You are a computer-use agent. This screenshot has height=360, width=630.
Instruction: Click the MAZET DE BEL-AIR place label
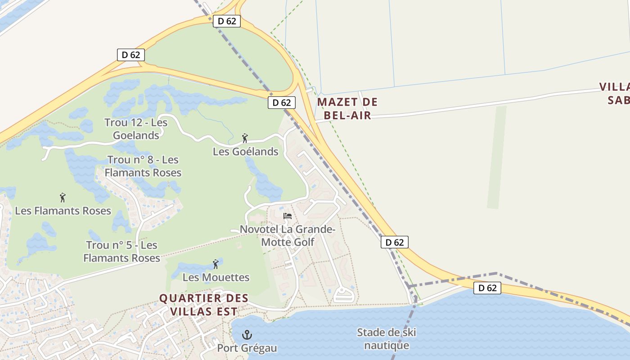click(x=347, y=108)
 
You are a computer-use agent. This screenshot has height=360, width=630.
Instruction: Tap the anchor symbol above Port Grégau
click(x=247, y=335)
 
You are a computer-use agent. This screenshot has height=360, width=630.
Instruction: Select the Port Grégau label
click(x=247, y=348)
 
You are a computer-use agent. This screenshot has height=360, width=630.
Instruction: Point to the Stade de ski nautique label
click(x=386, y=339)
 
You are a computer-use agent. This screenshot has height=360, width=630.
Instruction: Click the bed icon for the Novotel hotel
click(x=288, y=216)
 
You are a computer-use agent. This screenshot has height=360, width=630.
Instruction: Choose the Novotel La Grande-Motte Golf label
click(x=288, y=236)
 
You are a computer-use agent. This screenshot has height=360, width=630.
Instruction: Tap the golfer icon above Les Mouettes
click(x=216, y=264)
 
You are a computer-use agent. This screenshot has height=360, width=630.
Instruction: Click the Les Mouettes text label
click(x=216, y=277)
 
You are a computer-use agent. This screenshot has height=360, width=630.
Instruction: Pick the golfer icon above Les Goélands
click(x=245, y=138)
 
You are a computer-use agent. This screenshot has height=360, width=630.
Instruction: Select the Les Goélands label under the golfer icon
click(x=245, y=152)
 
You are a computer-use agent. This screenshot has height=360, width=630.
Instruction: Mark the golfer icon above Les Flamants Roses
click(x=63, y=197)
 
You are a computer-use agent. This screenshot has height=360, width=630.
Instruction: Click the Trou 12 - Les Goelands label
click(x=136, y=129)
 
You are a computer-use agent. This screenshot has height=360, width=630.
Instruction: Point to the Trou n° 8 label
click(x=143, y=166)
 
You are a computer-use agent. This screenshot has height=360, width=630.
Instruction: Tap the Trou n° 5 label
click(x=122, y=252)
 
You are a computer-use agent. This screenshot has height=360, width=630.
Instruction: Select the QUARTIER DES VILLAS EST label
click(x=204, y=305)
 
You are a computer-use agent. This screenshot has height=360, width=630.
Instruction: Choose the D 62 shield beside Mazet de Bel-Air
click(x=282, y=103)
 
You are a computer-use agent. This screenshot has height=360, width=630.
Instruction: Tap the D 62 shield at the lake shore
click(x=487, y=288)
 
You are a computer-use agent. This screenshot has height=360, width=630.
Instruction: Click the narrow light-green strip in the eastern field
click(x=497, y=157)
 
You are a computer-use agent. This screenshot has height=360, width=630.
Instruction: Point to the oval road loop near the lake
click(x=344, y=295)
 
